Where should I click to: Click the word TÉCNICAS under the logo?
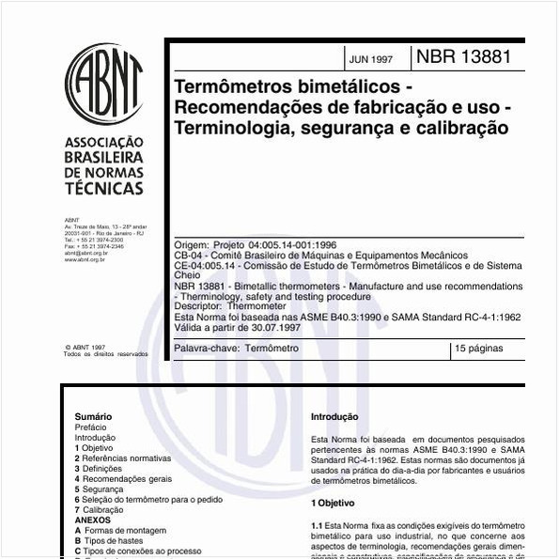click(103, 188)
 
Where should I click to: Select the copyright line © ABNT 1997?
click(85, 347)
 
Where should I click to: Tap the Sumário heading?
click(93, 416)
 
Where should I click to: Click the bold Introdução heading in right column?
click(334, 416)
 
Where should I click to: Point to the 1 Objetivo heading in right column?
click(333, 504)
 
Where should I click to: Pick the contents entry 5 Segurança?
click(99, 489)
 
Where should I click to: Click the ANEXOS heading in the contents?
click(92, 520)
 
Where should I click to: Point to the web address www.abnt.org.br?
click(85, 259)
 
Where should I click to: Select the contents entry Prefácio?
click(90, 427)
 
